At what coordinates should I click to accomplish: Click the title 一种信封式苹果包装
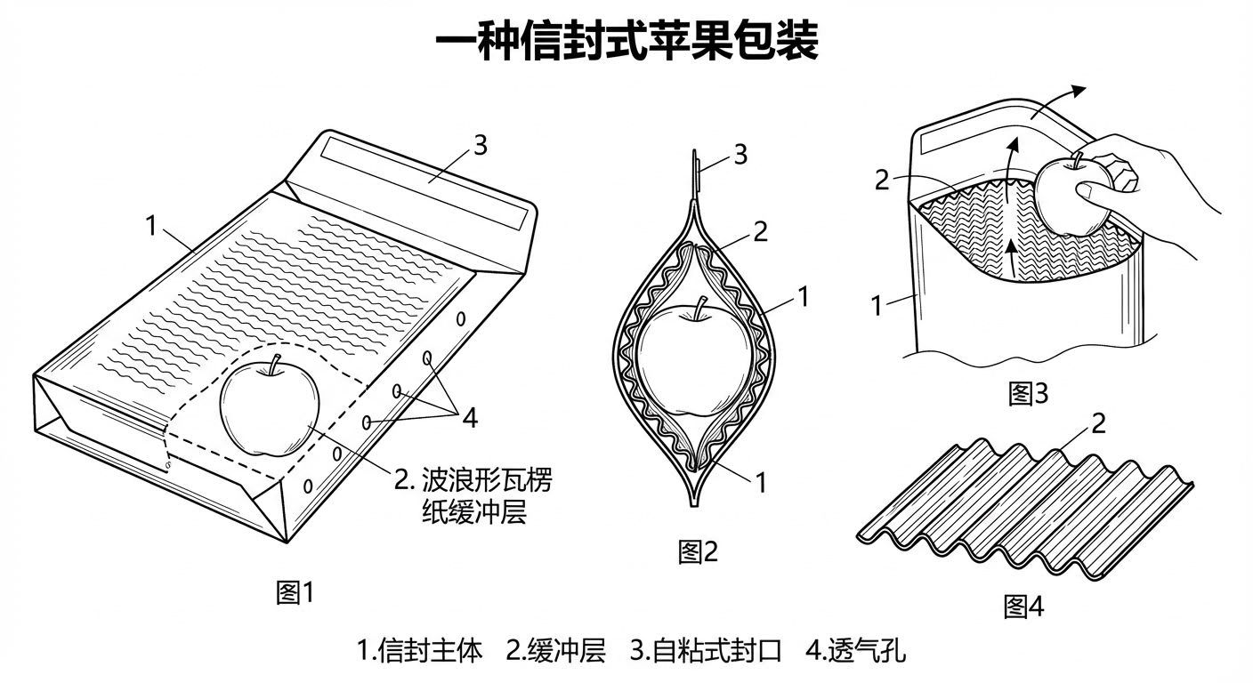pos(626,42)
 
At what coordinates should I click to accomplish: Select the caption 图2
pos(698,551)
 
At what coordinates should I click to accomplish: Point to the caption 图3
pos(1028,393)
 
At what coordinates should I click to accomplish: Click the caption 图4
pos(1023,607)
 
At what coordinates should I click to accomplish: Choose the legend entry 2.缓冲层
pos(555,650)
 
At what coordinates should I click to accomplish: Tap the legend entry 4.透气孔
pos(855,650)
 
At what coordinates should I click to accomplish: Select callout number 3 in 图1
pos(480,146)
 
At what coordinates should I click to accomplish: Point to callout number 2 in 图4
pos(1098,423)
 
